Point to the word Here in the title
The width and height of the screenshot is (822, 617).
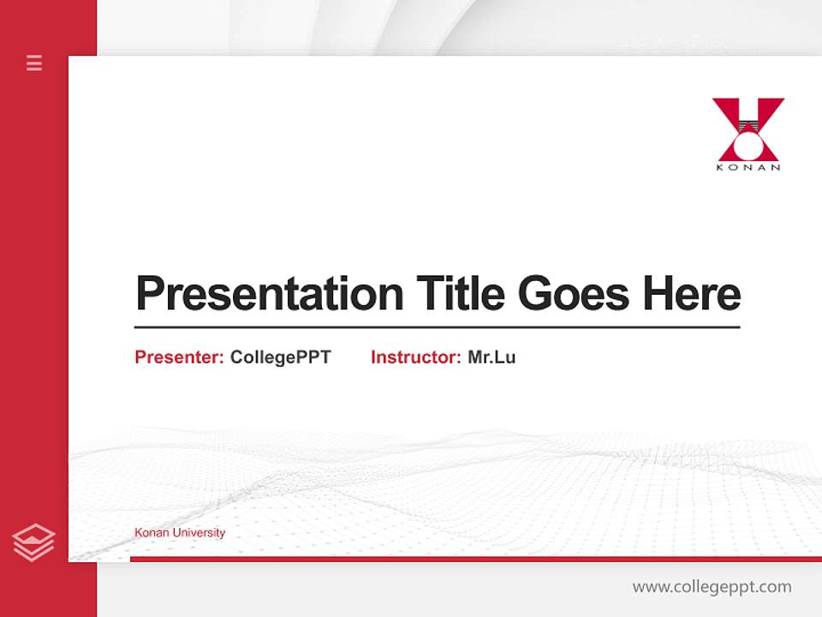click(x=691, y=294)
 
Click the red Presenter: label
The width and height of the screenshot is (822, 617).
click(x=179, y=357)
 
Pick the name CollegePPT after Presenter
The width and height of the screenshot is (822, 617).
click(x=280, y=357)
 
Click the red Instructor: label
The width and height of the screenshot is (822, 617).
click(x=415, y=357)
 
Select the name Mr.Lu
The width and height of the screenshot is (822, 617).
click(x=491, y=357)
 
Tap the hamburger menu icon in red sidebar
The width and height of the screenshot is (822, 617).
click(x=34, y=63)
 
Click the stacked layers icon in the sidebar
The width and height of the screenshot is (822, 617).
click(x=33, y=542)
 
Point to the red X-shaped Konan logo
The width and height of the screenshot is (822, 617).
click(x=748, y=129)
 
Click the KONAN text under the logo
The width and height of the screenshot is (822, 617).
click(x=748, y=167)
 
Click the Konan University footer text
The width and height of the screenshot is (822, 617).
click(x=180, y=533)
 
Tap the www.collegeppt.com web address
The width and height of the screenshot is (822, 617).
click(x=712, y=587)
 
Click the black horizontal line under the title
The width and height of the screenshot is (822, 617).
click(x=437, y=327)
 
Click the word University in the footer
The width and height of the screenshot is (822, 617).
click(x=199, y=533)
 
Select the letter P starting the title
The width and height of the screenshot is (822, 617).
click(x=149, y=294)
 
